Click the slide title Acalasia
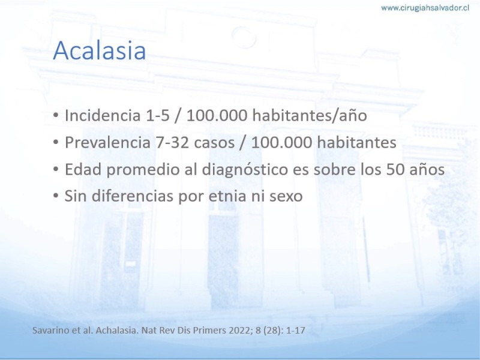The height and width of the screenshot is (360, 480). point(99,50)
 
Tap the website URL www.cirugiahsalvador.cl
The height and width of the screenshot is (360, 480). point(425,8)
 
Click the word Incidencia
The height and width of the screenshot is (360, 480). point(103,115)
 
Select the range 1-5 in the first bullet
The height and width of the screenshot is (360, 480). point(158,115)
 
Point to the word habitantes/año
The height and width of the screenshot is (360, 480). point(310,115)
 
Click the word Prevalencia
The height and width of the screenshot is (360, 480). point(107,142)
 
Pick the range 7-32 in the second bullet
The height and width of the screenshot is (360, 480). point(172,142)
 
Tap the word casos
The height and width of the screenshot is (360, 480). point(214,143)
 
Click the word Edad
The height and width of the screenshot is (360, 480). point(83,169)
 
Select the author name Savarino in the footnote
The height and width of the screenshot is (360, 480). point(47,331)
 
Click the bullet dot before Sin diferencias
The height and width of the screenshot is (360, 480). point(55,196)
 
